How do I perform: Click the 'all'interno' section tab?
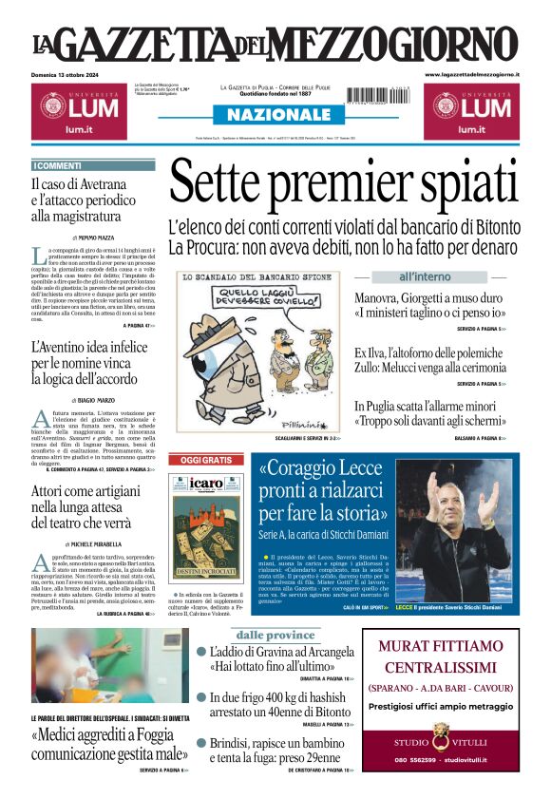pyautogui.click(x=425, y=276)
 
